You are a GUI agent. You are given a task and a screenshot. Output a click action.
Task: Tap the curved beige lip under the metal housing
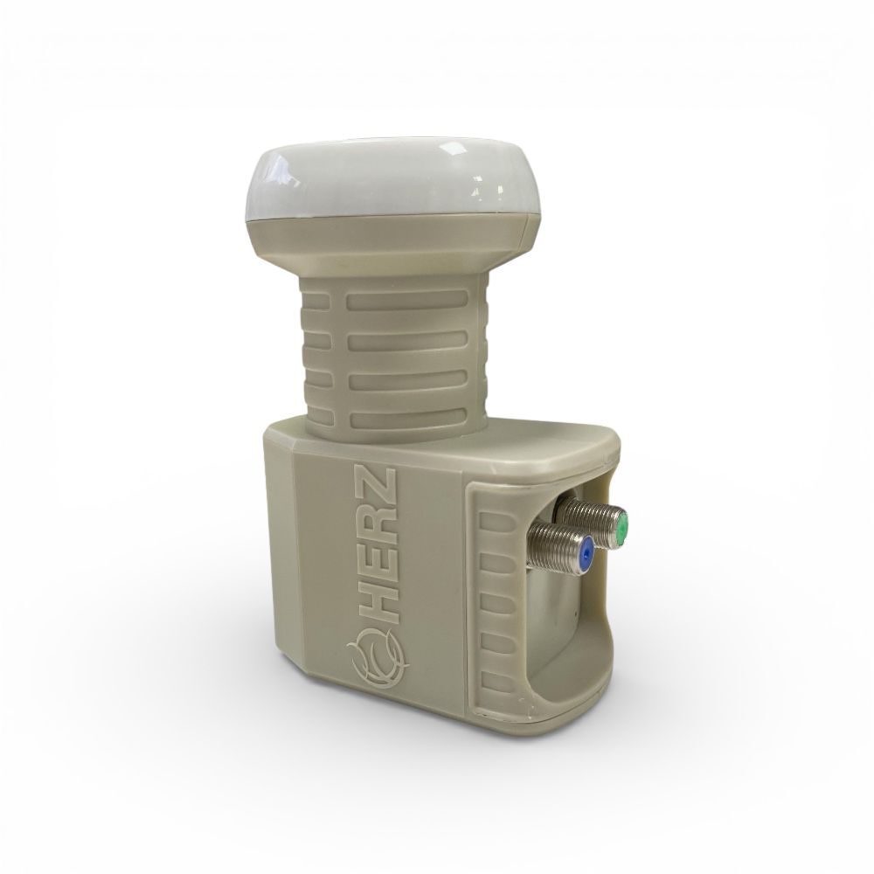tap(594, 699)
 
